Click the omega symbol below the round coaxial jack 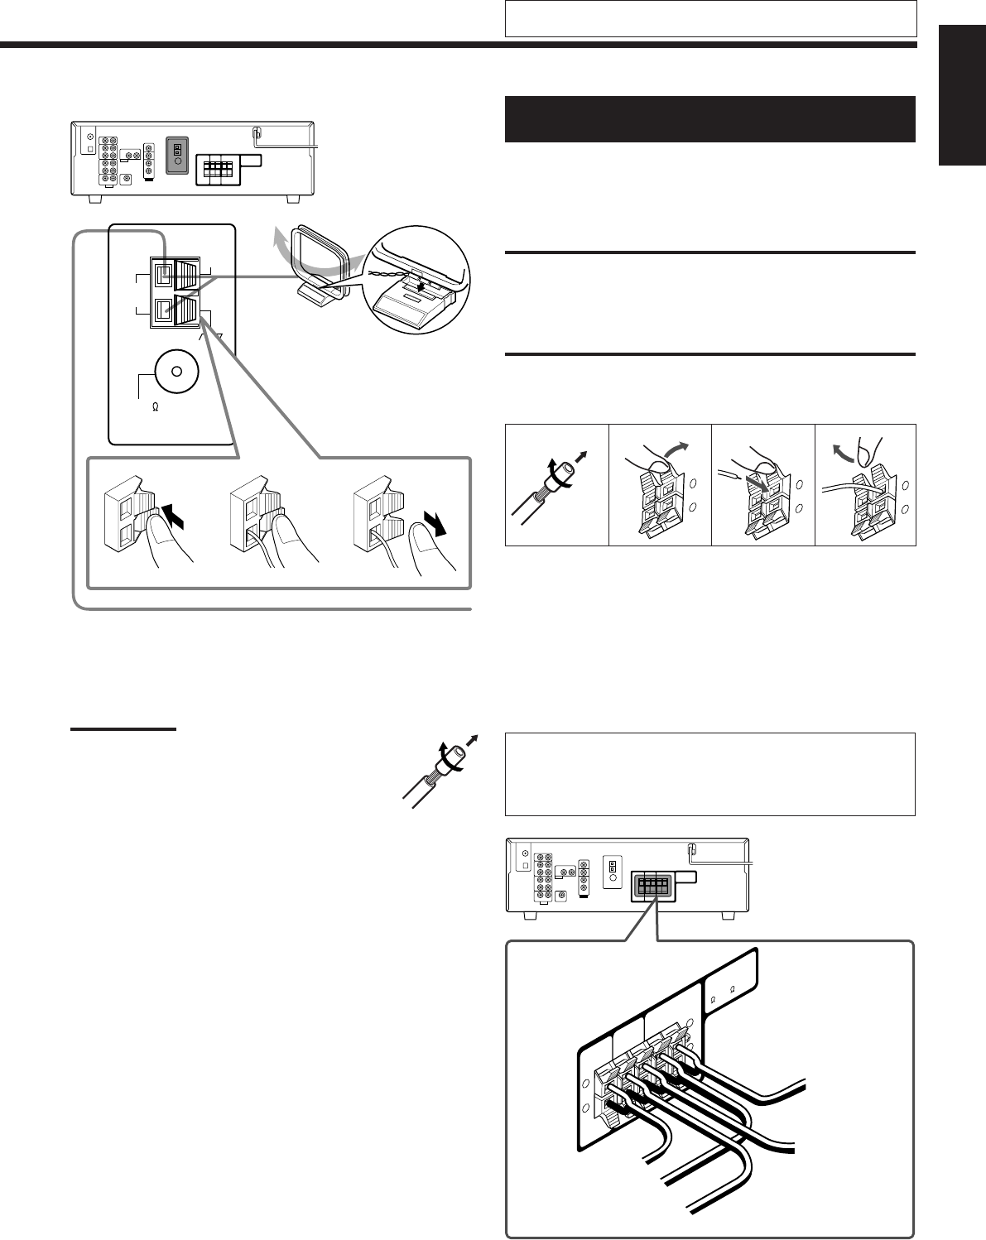point(155,407)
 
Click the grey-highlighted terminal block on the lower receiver point(652,886)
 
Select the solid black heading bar point(710,119)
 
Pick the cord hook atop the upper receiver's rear point(257,131)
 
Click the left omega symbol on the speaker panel point(713,998)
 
